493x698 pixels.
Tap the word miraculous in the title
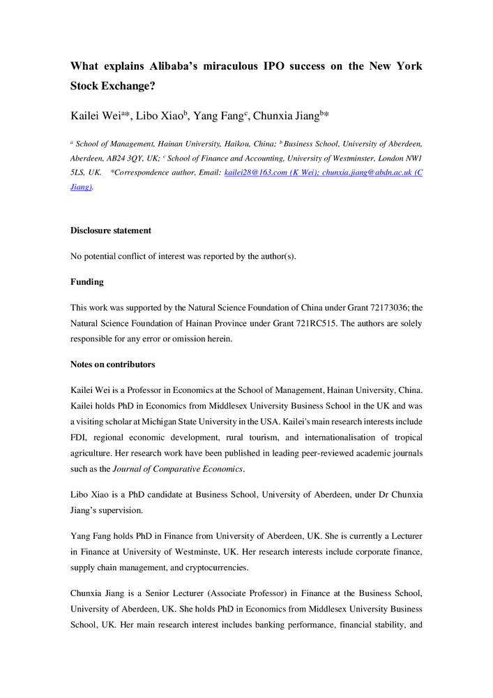(243, 66)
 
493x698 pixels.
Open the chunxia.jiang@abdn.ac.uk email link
(368, 172)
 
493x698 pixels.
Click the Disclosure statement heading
(111, 230)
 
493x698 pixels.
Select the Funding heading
(87, 281)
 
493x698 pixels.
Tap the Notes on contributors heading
(113, 364)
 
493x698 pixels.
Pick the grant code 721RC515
(340, 324)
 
